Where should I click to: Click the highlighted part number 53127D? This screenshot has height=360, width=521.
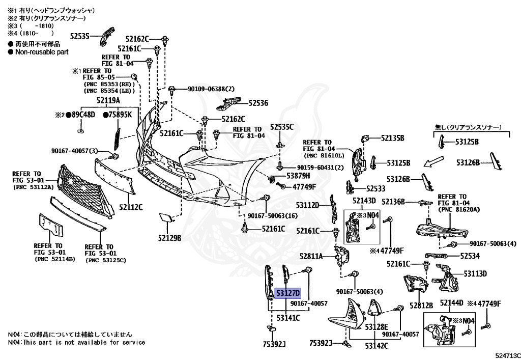288,293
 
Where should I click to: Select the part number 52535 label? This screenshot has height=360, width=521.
80,36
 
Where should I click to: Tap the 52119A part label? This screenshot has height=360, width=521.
108,100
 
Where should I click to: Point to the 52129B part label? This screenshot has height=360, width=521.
169,238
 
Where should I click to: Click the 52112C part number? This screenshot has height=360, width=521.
131,207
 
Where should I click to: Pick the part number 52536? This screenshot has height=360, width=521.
258,103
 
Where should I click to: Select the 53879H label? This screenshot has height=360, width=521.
298,176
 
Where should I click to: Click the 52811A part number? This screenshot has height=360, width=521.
311,256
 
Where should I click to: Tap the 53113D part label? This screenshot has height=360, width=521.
475,273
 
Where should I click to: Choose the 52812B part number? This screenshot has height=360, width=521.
421,306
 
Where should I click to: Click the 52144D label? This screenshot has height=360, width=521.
451,303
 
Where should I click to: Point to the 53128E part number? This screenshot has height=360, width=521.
377,327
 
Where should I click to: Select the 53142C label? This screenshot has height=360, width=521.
377,346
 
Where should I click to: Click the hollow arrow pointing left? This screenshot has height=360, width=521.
434,161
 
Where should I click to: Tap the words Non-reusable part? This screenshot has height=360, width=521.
42,52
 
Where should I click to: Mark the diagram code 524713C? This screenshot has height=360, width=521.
508,356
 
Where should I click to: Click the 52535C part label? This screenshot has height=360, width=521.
282,127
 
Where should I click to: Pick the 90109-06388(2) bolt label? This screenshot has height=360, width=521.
211,89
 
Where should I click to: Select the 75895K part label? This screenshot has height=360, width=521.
118,115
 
